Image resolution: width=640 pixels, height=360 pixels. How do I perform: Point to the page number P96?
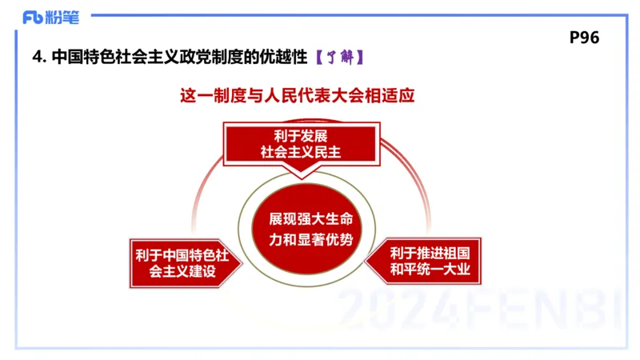coord(584,38)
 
